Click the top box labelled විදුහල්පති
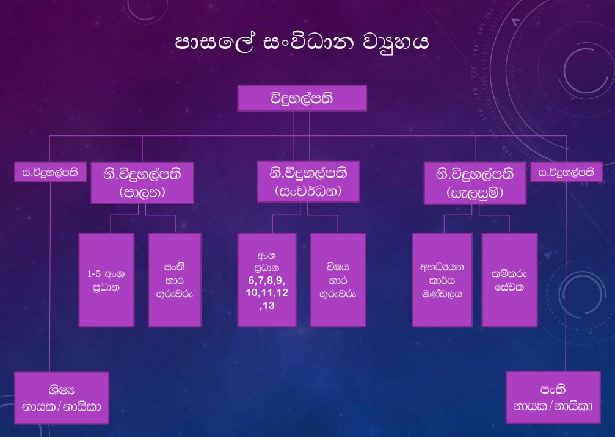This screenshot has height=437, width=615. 302,98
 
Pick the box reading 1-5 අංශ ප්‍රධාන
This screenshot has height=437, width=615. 107,280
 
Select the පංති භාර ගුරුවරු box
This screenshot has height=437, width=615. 175,280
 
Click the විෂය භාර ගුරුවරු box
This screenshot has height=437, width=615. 338,280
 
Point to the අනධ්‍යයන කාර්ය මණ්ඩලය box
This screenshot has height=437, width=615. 442,280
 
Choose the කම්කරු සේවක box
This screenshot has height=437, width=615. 509,280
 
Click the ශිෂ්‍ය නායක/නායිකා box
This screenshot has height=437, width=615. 62,397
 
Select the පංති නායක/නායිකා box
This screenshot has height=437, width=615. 552,397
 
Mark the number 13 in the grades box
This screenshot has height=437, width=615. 272,306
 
